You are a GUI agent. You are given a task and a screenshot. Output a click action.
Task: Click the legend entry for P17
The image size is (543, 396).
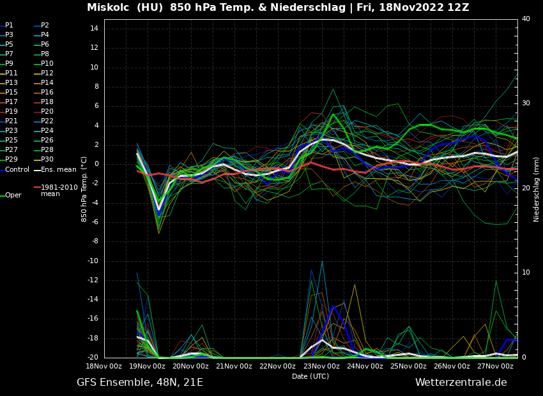[12, 102]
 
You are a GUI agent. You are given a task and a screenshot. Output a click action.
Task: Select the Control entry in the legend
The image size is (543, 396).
[17, 170]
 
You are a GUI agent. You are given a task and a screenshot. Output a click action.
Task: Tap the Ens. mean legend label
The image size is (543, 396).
[58, 170]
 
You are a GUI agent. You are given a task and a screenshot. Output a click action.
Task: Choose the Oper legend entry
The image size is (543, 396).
[13, 195]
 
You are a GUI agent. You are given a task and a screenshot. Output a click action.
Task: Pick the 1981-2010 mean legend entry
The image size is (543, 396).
[59, 190]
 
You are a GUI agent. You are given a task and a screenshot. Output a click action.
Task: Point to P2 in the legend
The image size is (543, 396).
[45, 26]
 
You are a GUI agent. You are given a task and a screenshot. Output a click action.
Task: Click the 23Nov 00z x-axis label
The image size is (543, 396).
[321, 366]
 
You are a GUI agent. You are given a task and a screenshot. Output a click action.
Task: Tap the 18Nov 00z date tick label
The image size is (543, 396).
[104, 366]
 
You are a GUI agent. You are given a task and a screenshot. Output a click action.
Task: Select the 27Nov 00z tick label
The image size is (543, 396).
[495, 366]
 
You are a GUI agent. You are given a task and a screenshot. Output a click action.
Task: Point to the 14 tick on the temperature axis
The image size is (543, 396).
[93, 29]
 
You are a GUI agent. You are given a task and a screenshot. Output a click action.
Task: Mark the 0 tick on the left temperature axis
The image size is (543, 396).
[96, 164]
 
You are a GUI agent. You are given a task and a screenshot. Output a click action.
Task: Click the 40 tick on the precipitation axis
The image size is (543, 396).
[526, 19]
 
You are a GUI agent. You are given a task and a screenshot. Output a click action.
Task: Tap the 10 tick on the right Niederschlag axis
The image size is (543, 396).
[526, 273]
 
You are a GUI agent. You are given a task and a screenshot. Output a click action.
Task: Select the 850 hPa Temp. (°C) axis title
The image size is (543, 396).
[84, 188]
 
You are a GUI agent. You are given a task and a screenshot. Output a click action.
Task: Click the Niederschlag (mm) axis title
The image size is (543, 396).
[537, 189]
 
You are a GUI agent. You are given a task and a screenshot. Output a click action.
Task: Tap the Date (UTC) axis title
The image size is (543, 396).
[310, 376]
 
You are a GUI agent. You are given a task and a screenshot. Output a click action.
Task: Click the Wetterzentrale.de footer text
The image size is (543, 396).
[461, 383]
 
